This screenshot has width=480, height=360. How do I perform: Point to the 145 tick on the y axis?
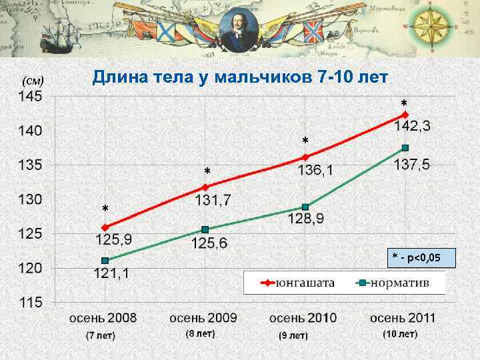pyautogui.click(x=29, y=96)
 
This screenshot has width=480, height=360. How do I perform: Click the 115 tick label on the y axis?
pyautogui.click(x=29, y=302)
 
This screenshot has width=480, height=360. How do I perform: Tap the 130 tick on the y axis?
pyautogui.click(x=29, y=199)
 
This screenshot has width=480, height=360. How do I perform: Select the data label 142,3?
pyautogui.click(x=413, y=126)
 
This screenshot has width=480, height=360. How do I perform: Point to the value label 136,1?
pyautogui.click(x=316, y=171)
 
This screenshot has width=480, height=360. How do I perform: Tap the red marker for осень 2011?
pyautogui.click(x=405, y=115)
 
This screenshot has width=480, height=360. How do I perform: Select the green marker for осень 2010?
pyautogui.click(x=305, y=207)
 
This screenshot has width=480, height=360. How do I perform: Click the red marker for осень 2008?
pyautogui.click(x=105, y=227)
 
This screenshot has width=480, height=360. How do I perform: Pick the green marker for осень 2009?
pyautogui.click(x=205, y=229)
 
